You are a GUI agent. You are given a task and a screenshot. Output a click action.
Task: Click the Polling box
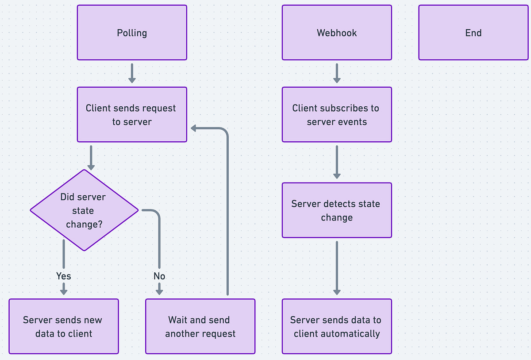[132, 33]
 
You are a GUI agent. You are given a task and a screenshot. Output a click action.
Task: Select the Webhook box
[337, 33]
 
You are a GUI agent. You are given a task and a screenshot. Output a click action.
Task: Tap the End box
[473, 33]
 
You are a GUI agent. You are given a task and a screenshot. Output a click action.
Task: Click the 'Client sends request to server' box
[132, 115]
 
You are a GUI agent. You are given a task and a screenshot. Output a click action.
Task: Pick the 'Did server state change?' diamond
[84, 210]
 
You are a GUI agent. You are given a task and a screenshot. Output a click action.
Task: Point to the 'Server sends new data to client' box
[64, 327]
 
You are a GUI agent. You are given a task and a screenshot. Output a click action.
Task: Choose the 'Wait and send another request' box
[200, 327]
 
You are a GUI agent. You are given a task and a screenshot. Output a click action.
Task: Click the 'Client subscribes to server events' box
[337, 115]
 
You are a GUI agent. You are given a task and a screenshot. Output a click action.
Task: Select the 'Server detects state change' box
[337, 210]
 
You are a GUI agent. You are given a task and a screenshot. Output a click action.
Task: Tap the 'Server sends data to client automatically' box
[337, 327]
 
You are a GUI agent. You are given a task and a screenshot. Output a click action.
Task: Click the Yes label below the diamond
[64, 276]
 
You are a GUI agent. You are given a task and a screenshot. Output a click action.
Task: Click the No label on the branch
[159, 276]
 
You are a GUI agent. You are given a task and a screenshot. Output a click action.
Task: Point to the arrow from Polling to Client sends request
[132, 73]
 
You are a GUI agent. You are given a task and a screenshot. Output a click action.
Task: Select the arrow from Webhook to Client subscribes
[337, 73]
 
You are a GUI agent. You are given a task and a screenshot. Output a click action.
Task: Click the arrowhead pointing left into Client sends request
[194, 128]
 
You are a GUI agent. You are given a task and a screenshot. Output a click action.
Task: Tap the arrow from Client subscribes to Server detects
[337, 162]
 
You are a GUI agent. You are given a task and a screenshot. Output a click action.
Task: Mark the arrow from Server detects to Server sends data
[337, 268]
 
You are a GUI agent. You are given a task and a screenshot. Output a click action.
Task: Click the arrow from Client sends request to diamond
[91, 158]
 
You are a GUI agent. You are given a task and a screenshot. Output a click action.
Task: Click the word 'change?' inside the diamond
[84, 225]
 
